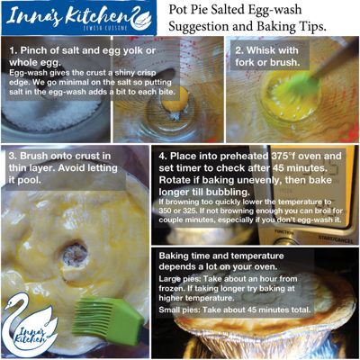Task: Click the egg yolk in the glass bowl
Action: point(175,100)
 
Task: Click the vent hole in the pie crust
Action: point(75,255)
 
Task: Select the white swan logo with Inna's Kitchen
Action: point(29,325)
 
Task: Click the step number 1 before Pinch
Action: point(13,50)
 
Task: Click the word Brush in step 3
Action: point(33,156)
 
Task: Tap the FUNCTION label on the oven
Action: point(284,232)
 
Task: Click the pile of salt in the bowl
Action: point(51,115)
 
